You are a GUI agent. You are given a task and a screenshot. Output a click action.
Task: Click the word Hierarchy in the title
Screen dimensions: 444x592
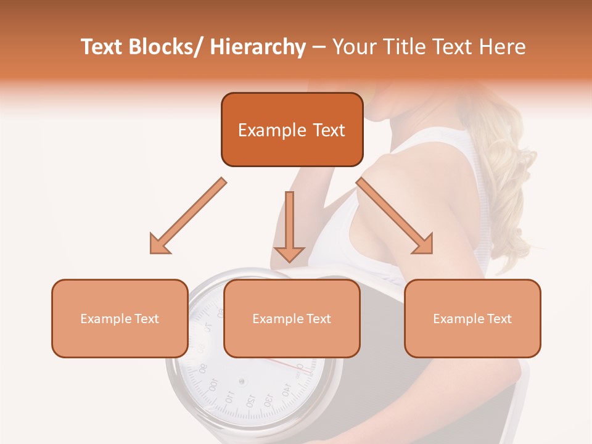tap(258, 47)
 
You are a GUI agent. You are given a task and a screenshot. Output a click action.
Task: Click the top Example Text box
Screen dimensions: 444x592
tap(292, 130)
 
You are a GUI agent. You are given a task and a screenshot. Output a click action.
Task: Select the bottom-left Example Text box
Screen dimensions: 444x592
tap(120, 318)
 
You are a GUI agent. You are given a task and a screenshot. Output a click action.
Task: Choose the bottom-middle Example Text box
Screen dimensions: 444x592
tap(292, 318)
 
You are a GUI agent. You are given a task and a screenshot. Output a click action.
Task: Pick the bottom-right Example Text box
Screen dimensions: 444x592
tap(472, 318)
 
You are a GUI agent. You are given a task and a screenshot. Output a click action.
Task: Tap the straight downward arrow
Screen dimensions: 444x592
tap(289, 226)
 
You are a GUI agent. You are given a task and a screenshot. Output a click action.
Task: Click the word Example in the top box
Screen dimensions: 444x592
tap(263, 130)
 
